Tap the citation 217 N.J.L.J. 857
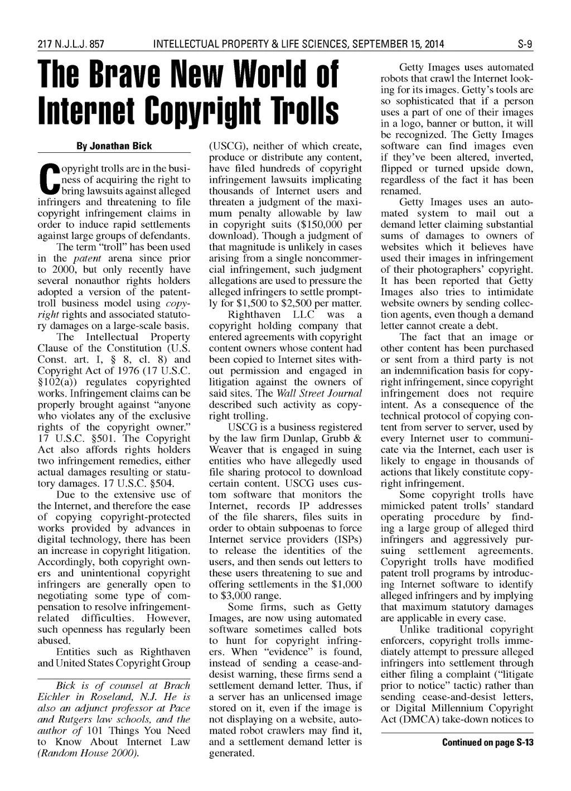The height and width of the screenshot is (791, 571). tap(71, 44)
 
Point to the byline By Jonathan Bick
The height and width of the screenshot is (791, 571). tap(114, 146)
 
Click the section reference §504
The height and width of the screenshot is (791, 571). tap(162, 483)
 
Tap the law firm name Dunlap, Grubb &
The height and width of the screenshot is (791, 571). tap(323, 438)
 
